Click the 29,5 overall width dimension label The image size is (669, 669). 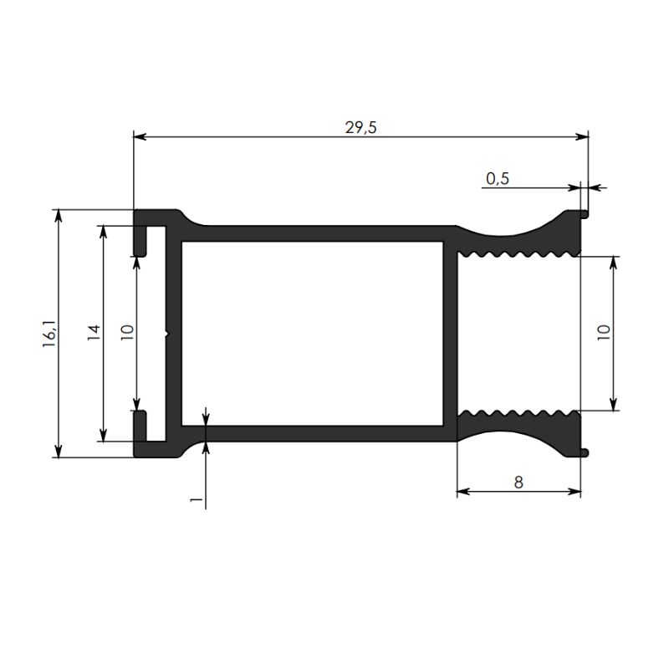(361, 127)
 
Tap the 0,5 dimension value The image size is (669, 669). (498, 178)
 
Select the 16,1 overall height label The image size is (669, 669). (49, 333)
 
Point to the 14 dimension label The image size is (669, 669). (94, 332)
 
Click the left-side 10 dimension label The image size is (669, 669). (127, 332)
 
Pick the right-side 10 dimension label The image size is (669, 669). (604, 332)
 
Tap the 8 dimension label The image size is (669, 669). (518, 483)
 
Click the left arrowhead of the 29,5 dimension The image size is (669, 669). (140, 136)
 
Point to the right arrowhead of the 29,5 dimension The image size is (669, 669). (582, 136)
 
